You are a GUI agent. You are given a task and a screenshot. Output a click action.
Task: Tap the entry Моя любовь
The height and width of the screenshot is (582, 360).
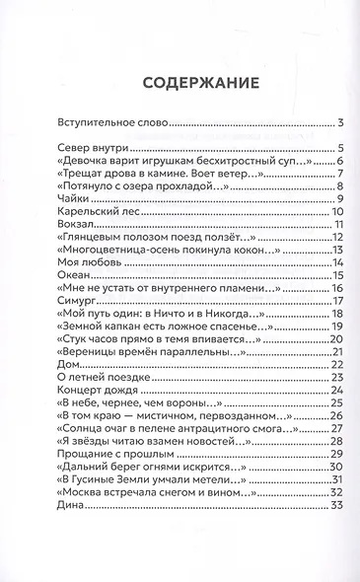[x=87, y=261]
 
